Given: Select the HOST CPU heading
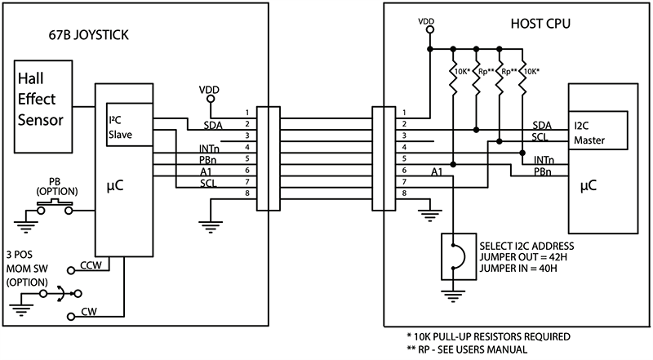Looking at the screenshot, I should tap(535, 24).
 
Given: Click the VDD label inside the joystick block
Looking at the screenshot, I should tap(210, 87).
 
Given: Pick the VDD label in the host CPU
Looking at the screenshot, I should tap(425, 20).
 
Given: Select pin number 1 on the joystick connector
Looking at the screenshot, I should tap(246, 112).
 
